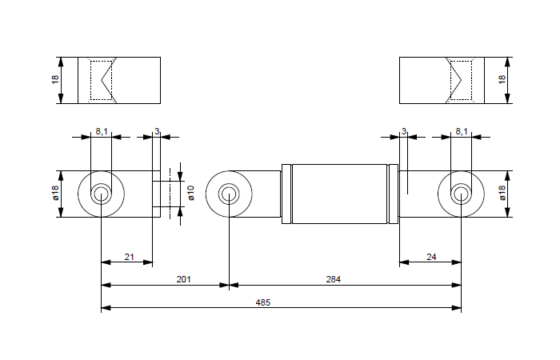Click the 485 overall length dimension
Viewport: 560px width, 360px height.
pos(263,302)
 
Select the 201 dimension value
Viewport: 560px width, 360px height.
pos(183,279)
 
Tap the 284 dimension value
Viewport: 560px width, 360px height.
pos(334,279)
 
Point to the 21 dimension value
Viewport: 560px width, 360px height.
pos(130,257)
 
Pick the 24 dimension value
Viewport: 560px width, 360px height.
pos(431,257)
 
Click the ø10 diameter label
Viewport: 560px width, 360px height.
pos(190,193)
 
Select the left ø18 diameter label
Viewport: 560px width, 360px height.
pos(55,193)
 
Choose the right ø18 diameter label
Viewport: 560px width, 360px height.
pos(502,193)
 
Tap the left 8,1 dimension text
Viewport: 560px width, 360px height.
pos(102,131)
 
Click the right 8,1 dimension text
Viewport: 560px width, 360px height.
pos(462,131)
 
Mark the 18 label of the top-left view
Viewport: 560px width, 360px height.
pos(55,80)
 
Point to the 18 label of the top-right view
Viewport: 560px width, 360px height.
pos(502,80)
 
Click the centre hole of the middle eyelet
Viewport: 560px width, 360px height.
pos(229,194)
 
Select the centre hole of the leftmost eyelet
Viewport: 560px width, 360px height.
pos(102,194)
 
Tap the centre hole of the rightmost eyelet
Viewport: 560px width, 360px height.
pos(461,194)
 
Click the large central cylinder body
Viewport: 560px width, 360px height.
pos(339,194)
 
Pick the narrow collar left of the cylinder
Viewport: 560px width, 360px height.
pos(286,194)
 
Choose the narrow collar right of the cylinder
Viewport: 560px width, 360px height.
pos(394,194)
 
